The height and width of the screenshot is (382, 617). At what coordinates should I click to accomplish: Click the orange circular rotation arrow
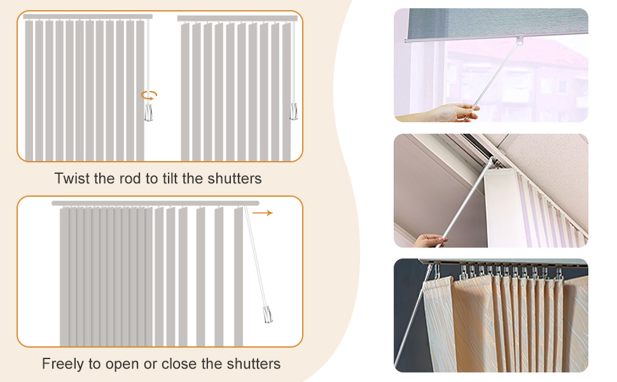(x=149, y=95)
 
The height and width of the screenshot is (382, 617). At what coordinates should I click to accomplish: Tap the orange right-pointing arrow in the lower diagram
(x=263, y=213)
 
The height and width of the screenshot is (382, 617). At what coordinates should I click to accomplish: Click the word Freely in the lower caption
(x=62, y=364)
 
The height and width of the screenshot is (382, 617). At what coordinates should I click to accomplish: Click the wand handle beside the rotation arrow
(x=148, y=113)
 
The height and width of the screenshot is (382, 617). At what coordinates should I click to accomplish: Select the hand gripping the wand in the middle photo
(x=429, y=240)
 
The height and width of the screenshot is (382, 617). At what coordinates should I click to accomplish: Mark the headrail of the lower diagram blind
(x=155, y=203)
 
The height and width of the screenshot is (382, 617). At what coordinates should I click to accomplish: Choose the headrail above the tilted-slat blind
(x=237, y=18)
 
